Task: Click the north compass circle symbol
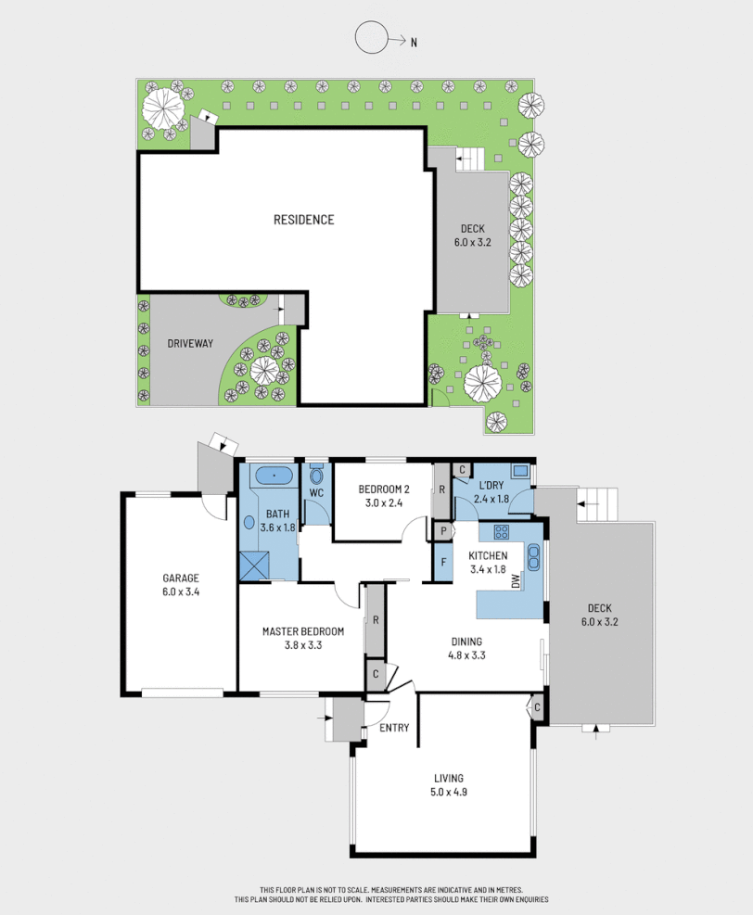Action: (x=371, y=39)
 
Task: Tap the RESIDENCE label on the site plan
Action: (x=303, y=220)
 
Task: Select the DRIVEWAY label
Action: (x=190, y=343)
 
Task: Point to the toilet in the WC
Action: (x=317, y=477)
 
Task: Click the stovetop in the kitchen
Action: (x=503, y=532)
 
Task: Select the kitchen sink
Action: (x=535, y=556)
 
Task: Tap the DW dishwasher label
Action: (x=516, y=581)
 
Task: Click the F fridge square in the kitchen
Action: (x=444, y=563)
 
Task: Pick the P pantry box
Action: (x=444, y=531)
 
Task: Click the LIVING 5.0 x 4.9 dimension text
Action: (x=447, y=793)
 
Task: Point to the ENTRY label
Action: (x=394, y=728)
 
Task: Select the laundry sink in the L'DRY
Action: (x=519, y=470)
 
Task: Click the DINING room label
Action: (x=466, y=641)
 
